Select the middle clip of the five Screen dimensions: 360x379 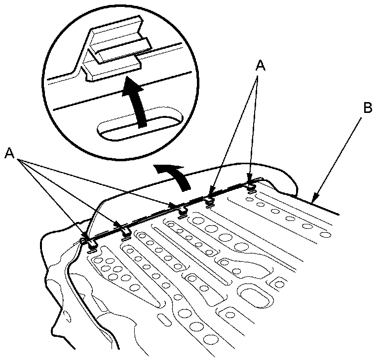pos(182,211)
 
